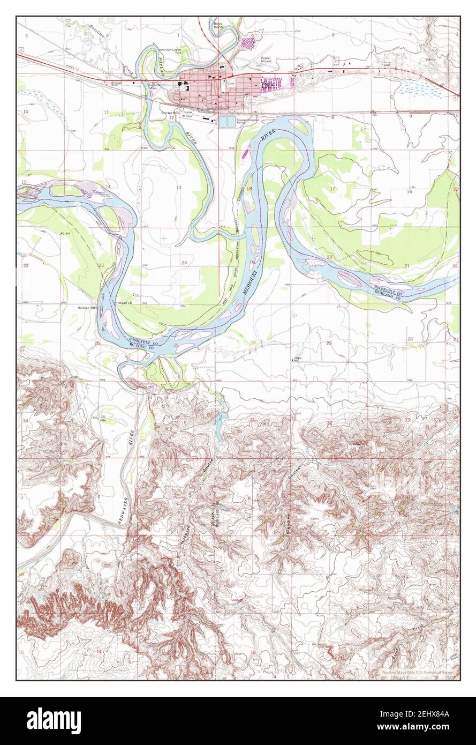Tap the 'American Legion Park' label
171,52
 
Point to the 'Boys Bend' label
218,26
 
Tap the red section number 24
184,262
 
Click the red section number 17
333,189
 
